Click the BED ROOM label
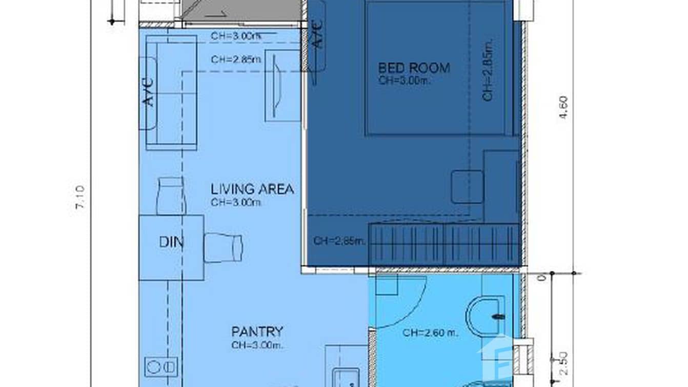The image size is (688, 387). point(414,68)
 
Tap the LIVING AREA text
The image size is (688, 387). point(252,189)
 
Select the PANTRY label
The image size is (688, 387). point(257,332)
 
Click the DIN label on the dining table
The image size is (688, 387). point(171,242)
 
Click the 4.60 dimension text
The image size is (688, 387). point(564,107)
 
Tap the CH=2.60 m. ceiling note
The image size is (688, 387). point(430,333)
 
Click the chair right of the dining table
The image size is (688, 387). point(223,247)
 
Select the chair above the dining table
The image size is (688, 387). point(170,195)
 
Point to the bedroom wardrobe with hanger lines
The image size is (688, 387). point(444,244)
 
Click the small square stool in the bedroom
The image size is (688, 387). point(467,186)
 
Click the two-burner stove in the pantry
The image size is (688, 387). point(161,366)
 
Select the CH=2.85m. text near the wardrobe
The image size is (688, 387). point(339,241)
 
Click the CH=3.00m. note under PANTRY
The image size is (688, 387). point(257,345)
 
